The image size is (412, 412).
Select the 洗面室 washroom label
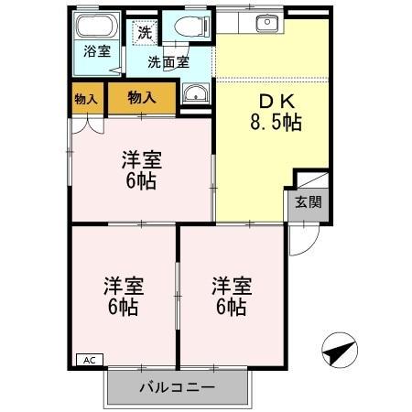[x=170, y=62]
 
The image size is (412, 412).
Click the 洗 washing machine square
[x=145, y=32]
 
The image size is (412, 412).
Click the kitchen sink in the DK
[x=265, y=23]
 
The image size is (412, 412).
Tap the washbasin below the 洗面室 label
[x=194, y=93]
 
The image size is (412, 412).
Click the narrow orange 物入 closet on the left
[x=87, y=98]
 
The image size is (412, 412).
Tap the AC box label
[x=89, y=360]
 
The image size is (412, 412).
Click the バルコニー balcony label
[x=177, y=387]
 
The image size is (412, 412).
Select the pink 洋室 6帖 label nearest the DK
[x=142, y=169]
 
